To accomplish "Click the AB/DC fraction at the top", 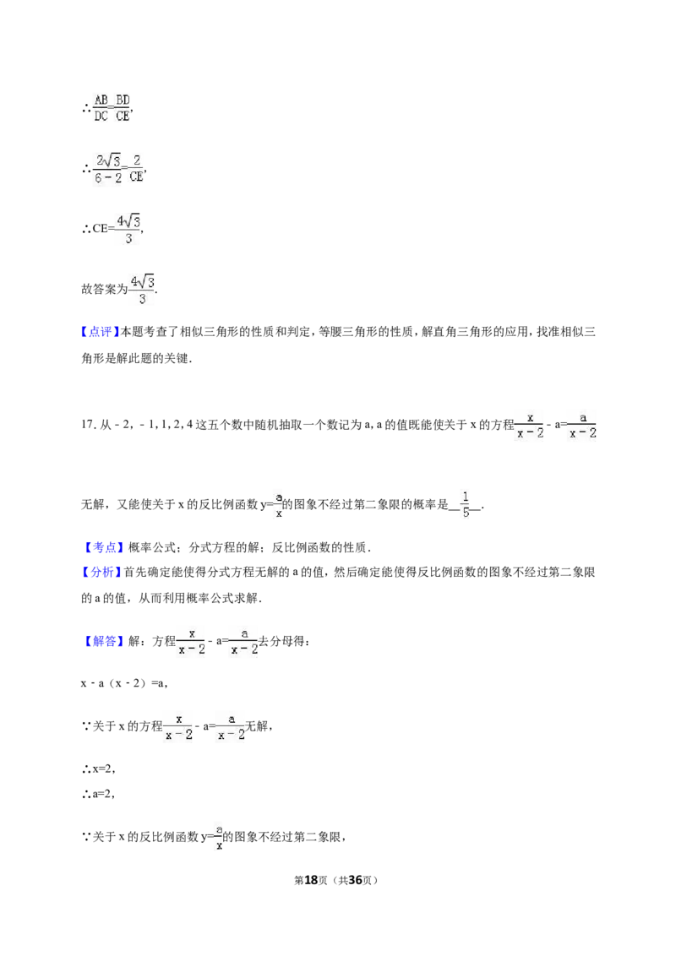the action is [101, 108].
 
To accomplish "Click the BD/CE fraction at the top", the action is [123, 108].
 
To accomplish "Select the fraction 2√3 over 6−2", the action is [109, 169].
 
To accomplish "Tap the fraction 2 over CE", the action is [136, 169].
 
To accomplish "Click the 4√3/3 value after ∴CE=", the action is [128, 229].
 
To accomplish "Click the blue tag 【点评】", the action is [100, 332].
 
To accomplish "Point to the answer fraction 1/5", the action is [466, 504].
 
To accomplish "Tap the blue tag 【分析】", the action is [101, 573].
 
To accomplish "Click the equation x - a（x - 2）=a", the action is [124, 684].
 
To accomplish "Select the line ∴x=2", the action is [98, 769].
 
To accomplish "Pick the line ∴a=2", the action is [98, 795].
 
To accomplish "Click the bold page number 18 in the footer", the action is [311, 880].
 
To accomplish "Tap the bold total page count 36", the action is [355, 880].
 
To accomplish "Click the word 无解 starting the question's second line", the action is [92, 504].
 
